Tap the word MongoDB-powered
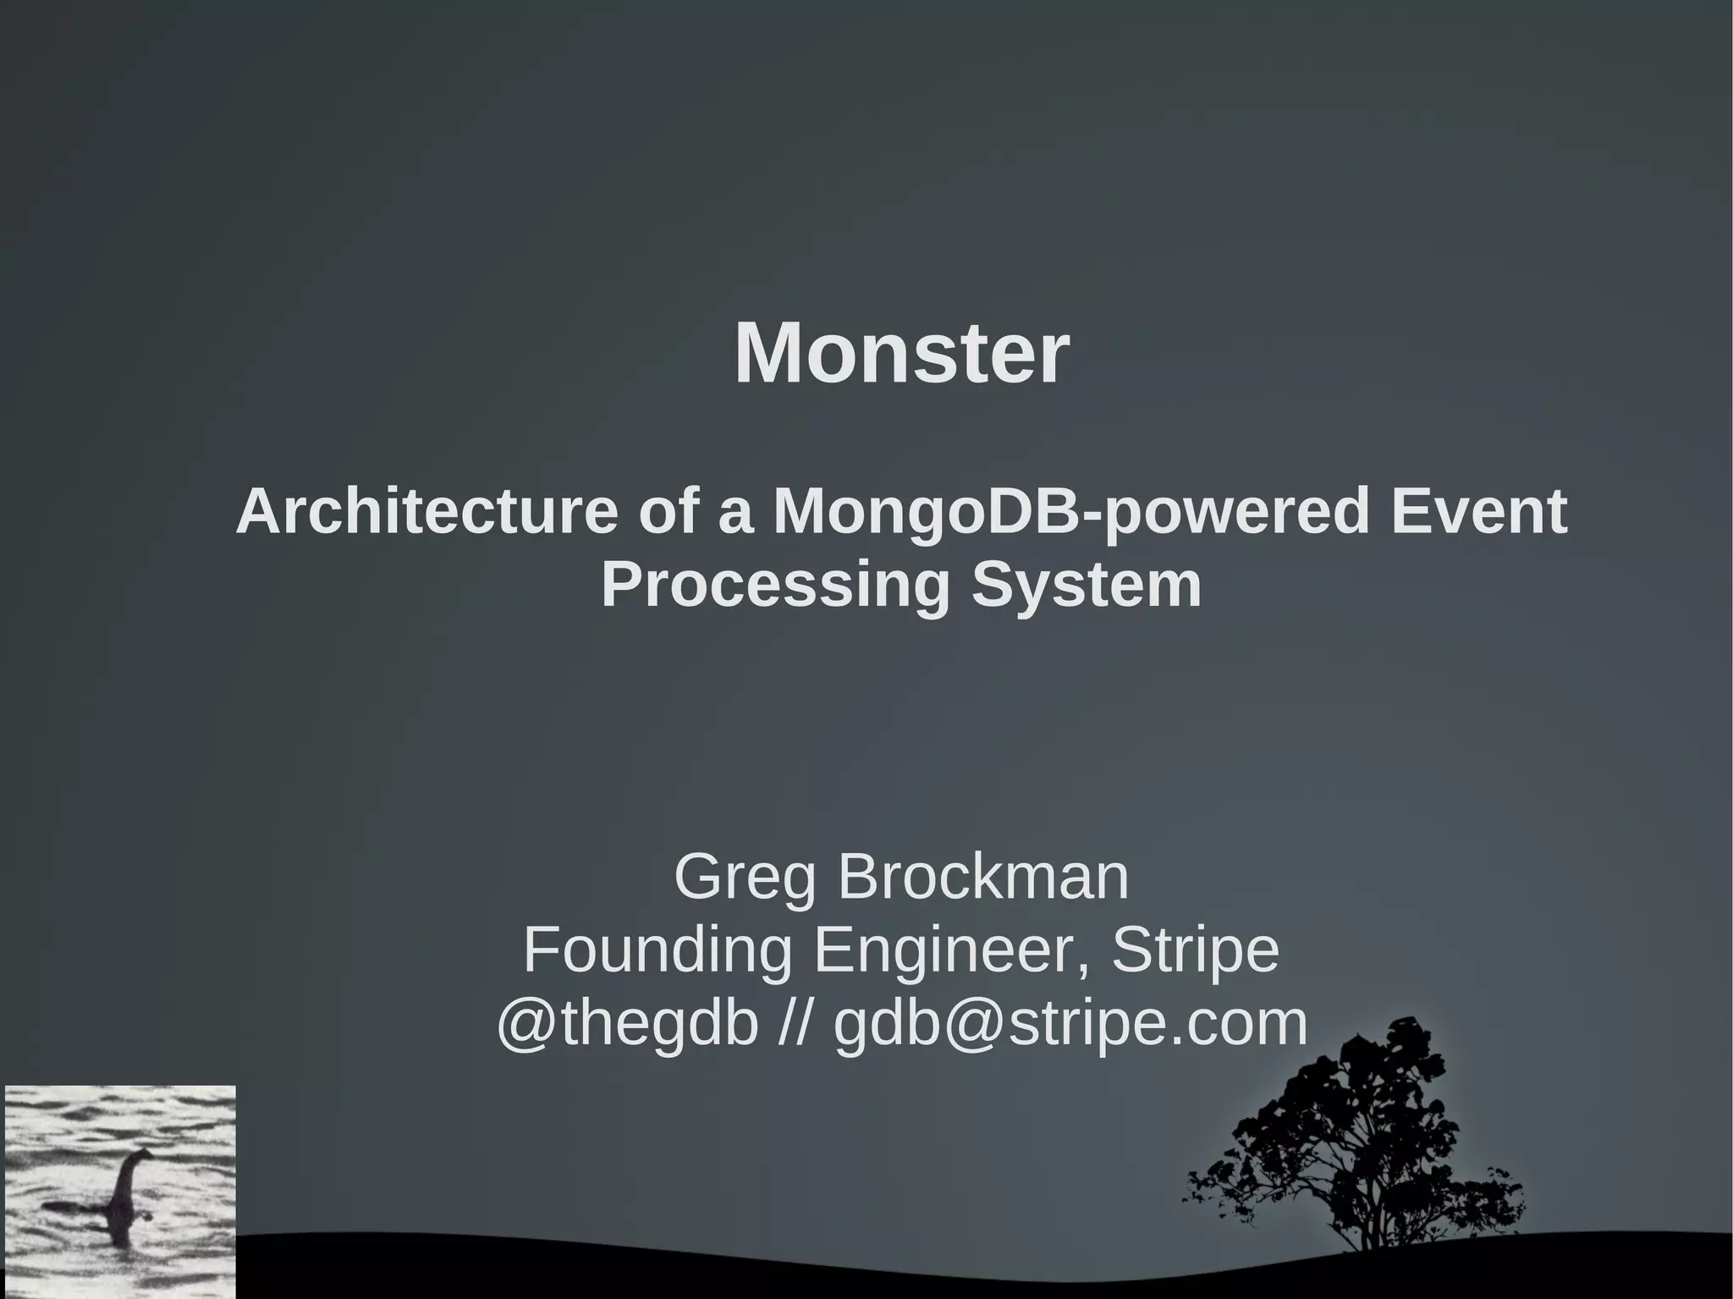pos(1070,512)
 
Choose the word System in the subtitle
pos(1087,585)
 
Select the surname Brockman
pos(983,878)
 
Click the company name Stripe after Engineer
pos(1195,950)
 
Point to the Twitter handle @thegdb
pos(626,1023)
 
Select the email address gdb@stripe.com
pos(1070,1023)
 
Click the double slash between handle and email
pos(795,1023)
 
